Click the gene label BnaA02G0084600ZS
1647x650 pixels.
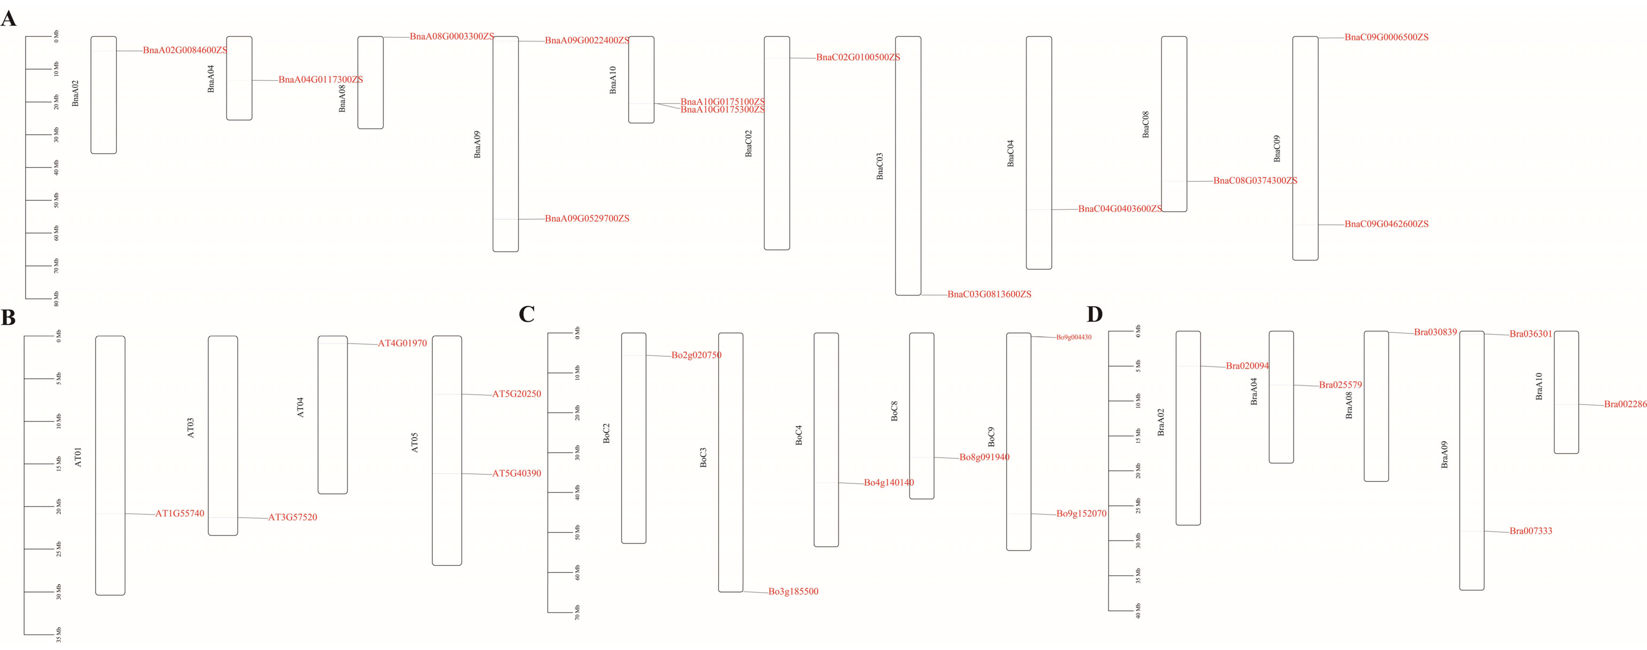point(185,50)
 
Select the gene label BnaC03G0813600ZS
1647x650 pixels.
point(989,294)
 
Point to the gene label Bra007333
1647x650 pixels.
point(1531,531)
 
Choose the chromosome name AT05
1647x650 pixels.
point(414,443)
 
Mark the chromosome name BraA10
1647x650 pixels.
point(1539,386)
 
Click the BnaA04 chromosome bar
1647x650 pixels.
point(239,78)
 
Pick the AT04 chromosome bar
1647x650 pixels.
point(332,415)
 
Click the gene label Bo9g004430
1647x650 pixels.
point(1074,337)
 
